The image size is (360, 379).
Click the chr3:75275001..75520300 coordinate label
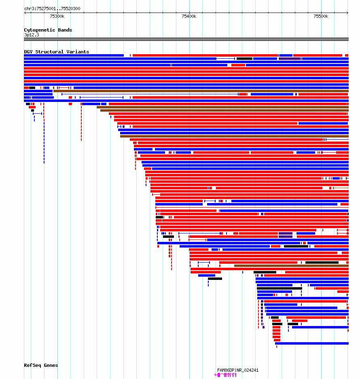coord(52,8)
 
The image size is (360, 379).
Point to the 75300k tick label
coord(57,16)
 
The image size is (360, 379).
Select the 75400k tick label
coord(189,16)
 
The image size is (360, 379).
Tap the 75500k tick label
coord(321,16)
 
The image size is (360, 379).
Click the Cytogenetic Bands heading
coord(48,30)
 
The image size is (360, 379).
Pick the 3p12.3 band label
coord(32,35)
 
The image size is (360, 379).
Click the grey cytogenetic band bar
coord(186,39)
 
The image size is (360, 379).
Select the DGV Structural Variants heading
coord(56,52)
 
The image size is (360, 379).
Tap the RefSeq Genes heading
coord(41,365)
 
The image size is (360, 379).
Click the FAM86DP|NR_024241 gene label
coord(238,370)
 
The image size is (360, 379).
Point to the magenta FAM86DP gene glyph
coord(225,375)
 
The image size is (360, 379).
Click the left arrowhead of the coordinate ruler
coord(25,13)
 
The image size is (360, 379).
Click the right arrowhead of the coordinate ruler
coord(347,13)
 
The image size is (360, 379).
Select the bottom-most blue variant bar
coord(312,343)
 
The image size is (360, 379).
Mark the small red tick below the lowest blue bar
coord(277,347)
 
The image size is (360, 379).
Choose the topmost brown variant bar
coord(201,91)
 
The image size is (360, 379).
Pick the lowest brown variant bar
coord(291,266)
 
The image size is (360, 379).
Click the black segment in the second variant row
coord(244,59)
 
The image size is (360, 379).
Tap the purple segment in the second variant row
coord(290,59)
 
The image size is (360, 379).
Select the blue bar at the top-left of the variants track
coord(74,55)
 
